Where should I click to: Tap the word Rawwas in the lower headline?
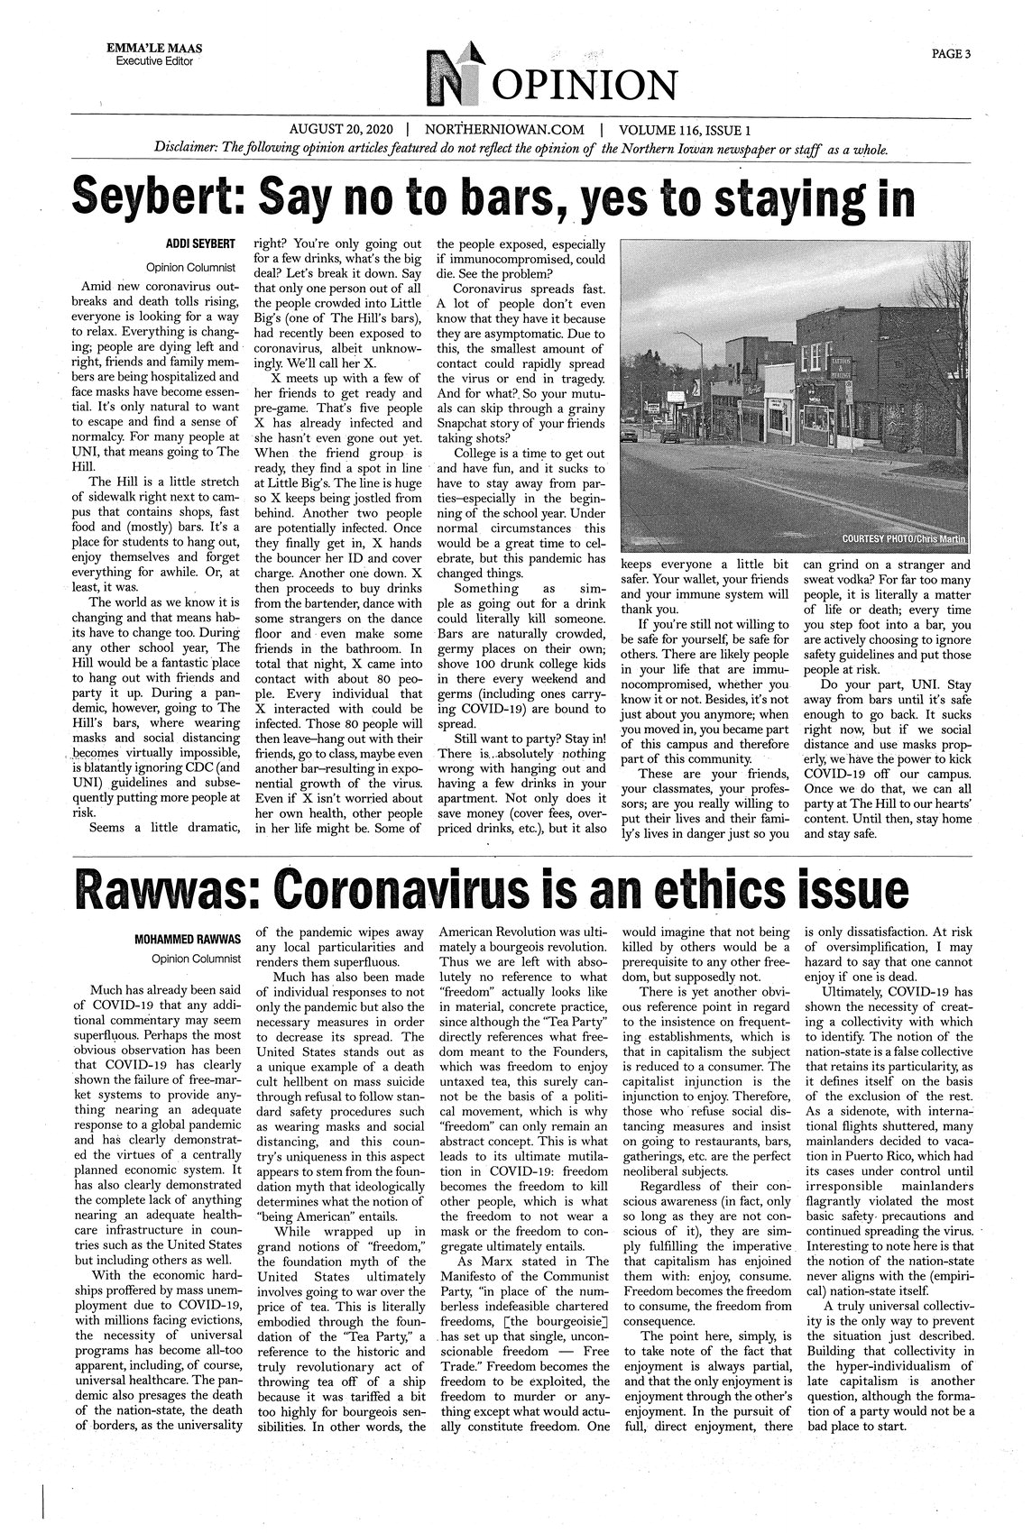click(x=162, y=890)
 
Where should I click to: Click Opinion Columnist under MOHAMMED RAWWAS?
click(x=196, y=958)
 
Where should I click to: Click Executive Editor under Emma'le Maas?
click(x=154, y=60)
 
